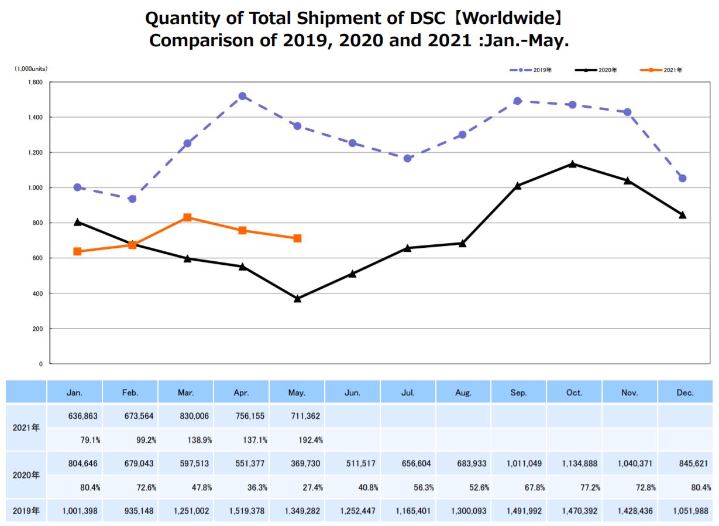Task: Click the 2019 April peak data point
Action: point(242,96)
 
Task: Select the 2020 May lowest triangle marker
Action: point(297,299)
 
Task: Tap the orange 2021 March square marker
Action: point(187,217)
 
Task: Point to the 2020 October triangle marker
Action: point(572,164)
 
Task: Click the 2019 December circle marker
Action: point(682,178)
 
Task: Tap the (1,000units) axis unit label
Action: point(31,69)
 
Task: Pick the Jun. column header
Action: point(352,392)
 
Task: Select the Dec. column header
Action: point(684,392)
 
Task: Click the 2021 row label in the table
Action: point(26,427)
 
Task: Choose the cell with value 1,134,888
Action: point(574,463)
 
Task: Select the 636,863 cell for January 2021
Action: point(77,416)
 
